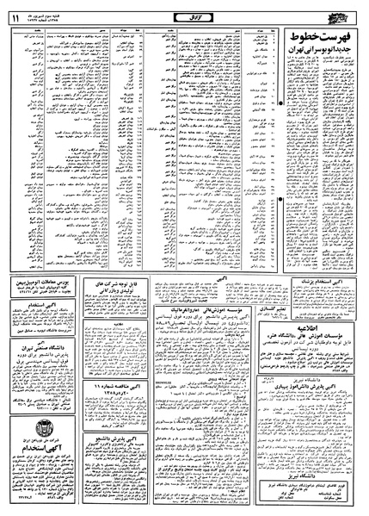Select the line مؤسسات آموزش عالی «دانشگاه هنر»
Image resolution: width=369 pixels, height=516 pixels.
point(319,339)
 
